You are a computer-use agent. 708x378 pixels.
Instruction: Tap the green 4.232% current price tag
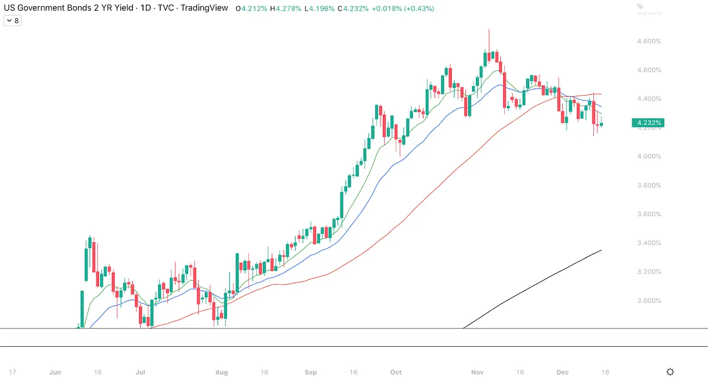[648, 123]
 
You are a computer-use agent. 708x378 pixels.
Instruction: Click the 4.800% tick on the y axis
[649, 41]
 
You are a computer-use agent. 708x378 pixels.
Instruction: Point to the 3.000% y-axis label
[649, 301]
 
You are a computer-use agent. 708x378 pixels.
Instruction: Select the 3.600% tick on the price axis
[649, 214]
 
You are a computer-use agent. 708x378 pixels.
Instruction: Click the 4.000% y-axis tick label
[649, 157]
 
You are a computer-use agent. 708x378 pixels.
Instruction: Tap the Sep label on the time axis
[311, 372]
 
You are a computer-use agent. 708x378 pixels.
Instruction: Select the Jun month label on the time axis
[55, 372]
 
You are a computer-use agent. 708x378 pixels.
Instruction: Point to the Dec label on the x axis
[563, 372]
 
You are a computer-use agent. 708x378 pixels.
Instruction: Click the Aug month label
[222, 372]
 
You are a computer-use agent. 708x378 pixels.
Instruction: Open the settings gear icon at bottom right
[670, 372]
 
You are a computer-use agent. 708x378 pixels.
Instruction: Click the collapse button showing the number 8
[12, 21]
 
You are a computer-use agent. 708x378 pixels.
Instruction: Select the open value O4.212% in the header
[251, 9]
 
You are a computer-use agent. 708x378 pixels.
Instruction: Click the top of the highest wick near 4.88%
[489, 30]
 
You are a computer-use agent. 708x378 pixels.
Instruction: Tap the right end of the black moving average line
[601, 250]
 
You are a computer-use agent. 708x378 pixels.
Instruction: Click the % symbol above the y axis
[640, 7]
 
